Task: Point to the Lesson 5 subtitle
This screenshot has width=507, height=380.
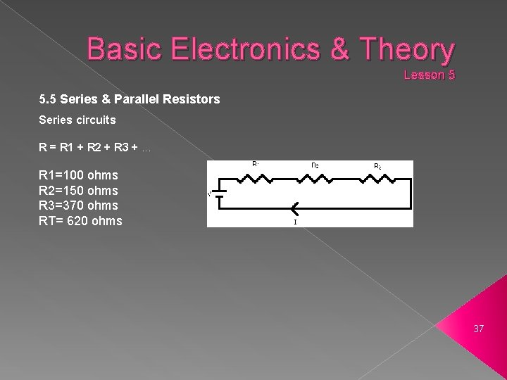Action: pos(429,74)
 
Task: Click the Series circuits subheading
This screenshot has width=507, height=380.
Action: pos(77,120)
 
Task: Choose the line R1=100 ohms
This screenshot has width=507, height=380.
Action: pos(78,175)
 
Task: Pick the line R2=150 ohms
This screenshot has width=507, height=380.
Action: pos(78,191)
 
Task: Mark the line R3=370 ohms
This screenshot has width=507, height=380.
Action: pos(78,205)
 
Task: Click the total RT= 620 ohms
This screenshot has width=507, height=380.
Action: pos(80,221)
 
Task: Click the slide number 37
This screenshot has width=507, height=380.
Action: pos(478,329)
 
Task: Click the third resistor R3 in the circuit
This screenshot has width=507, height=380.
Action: pos(377,179)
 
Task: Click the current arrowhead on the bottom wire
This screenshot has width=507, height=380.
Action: pos(294,208)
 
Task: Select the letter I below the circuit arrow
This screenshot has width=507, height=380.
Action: pos(295,222)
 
